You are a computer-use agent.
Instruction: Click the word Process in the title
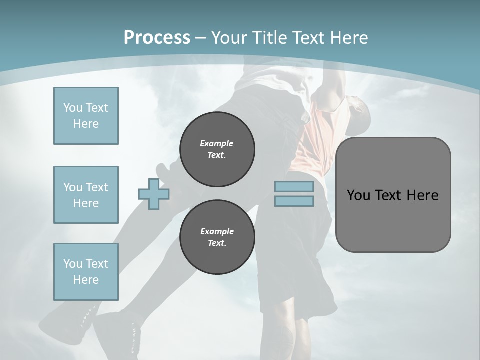pos(157,38)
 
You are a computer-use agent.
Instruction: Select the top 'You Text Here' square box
pos(86,116)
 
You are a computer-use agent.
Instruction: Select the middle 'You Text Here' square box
pos(86,195)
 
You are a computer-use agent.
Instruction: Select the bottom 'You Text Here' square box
pos(86,272)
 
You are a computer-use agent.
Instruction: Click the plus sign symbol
pos(154,194)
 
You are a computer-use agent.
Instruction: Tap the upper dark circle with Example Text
pos(217,149)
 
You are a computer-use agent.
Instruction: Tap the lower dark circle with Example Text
pos(217,237)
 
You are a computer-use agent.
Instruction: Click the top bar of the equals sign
pos(294,187)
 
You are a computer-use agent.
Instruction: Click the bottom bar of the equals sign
pos(294,201)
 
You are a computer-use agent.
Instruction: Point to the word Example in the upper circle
pos(216,143)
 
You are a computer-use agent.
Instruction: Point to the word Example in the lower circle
pos(216,231)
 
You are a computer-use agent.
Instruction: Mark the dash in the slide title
pos(200,38)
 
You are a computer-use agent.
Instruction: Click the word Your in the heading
pos(229,38)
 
